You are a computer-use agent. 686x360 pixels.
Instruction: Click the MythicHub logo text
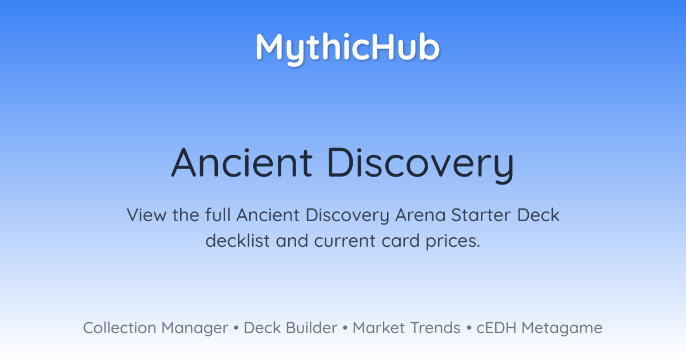tap(348, 49)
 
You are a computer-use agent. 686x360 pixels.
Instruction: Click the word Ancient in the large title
tap(242, 162)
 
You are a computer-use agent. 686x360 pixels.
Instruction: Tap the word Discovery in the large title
tap(421, 165)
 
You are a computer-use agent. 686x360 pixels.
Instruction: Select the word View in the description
tap(146, 215)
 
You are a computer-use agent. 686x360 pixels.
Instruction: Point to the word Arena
tap(420, 215)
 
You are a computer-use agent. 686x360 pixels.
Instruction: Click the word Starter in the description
tap(481, 215)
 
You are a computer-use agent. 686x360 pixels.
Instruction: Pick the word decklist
tap(237, 241)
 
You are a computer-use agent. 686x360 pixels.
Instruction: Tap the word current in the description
tap(345, 241)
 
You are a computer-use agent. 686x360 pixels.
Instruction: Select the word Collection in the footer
tap(119, 328)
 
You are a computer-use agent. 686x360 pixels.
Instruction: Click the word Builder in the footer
tap(312, 328)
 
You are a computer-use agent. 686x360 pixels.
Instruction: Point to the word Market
tap(379, 328)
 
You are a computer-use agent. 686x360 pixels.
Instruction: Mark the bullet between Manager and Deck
tap(236, 328)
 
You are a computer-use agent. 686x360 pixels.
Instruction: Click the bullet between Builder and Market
tap(345, 328)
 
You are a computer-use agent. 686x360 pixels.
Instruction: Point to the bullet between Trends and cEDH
tap(469, 328)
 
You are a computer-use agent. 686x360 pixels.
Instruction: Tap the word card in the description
tap(401, 241)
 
